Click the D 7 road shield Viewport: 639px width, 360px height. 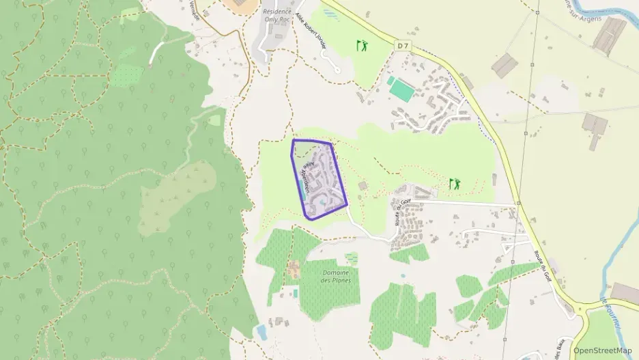click(x=403, y=45)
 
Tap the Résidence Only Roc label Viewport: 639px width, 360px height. click(x=277, y=16)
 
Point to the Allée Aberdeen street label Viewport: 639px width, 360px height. click(x=304, y=179)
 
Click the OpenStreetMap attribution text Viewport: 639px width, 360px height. click(x=602, y=350)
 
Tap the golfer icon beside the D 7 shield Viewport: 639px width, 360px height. click(x=361, y=46)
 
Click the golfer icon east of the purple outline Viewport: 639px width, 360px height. click(x=455, y=183)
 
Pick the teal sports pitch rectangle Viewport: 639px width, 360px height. click(x=402, y=89)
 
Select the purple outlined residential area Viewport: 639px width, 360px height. click(x=319, y=179)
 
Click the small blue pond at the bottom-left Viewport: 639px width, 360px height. click(x=261, y=333)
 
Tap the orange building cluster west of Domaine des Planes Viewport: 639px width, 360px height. click(x=294, y=268)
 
